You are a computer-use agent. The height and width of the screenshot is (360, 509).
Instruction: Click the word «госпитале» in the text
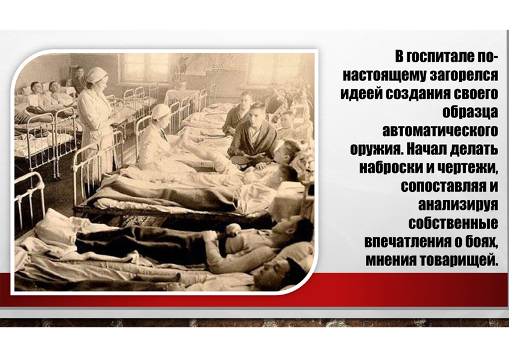point(440,57)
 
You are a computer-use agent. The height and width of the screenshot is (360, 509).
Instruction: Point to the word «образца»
point(470,112)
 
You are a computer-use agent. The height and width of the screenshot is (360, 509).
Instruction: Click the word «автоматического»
point(440,131)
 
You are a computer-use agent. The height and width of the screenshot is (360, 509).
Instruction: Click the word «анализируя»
point(458,205)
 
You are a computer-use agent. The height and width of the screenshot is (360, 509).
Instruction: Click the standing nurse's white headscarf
point(96,74)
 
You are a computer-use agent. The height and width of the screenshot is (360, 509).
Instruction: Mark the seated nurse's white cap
point(161,111)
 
